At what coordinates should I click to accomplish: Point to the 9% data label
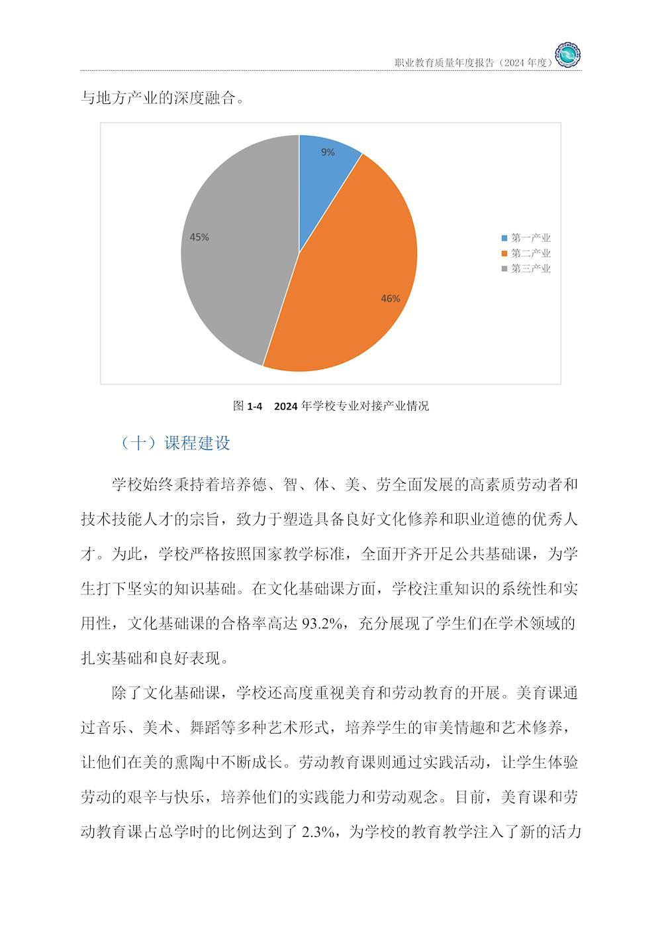(328, 152)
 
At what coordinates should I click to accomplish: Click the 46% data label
(391, 299)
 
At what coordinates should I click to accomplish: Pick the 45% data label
(199, 237)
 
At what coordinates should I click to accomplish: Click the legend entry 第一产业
(530, 239)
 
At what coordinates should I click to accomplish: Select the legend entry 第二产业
(530, 254)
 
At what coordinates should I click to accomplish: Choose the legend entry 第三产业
(530, 269)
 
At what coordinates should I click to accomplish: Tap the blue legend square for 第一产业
(505, 239)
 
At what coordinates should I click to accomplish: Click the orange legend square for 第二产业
(505, 254)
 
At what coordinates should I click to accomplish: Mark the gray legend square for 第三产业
(505, 269)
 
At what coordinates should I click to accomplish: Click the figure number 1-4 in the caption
(255, 406)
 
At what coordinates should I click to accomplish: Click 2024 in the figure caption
(285, 406)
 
